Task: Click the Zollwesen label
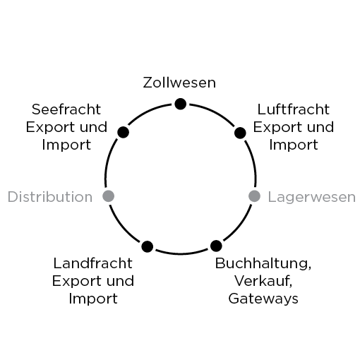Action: click(x=179, y=83)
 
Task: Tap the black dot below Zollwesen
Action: click(x=181, y=104)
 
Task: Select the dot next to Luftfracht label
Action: click(x=240, y=133)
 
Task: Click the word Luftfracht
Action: click(x=294, y=109)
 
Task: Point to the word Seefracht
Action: click(x=66, y=109)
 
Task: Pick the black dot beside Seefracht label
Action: click(x=123, y=132)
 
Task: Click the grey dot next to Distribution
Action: click(x=109, y=196)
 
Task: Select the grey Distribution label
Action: click(x=50, y=197)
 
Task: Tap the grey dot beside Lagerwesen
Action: click(x=254, y=196)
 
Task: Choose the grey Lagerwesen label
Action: click(x=312, y=197)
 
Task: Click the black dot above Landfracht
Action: click(x=148, y=246)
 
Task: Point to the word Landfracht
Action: click(x=93, y=263)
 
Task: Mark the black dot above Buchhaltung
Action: click(x=216, y=246)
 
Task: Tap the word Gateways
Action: click(x=263, y=299)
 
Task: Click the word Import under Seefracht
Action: click(x=66, y=145)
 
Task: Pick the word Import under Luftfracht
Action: click(x=294, y=145)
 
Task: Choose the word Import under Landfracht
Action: click(x=93, y=299)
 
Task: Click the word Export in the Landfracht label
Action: click(x=76, y=281)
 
